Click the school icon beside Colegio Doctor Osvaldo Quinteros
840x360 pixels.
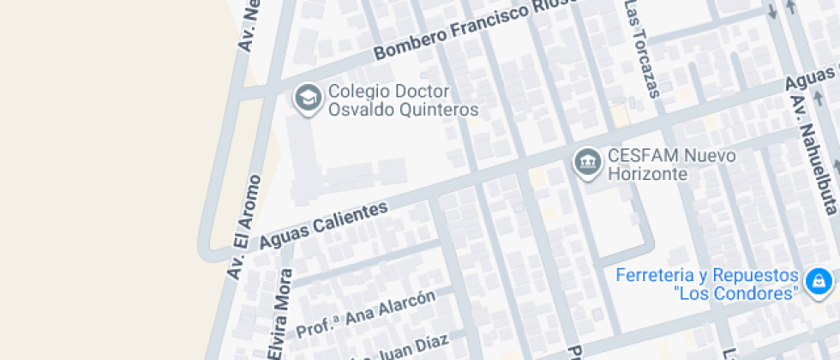coord(307,99)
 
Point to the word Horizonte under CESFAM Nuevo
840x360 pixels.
coord(648,175)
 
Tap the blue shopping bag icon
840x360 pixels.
coord(819,281)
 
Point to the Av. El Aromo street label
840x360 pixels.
coord(243,226)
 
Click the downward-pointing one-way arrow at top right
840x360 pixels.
coord(771,12)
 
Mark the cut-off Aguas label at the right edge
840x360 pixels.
coord(813,82)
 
